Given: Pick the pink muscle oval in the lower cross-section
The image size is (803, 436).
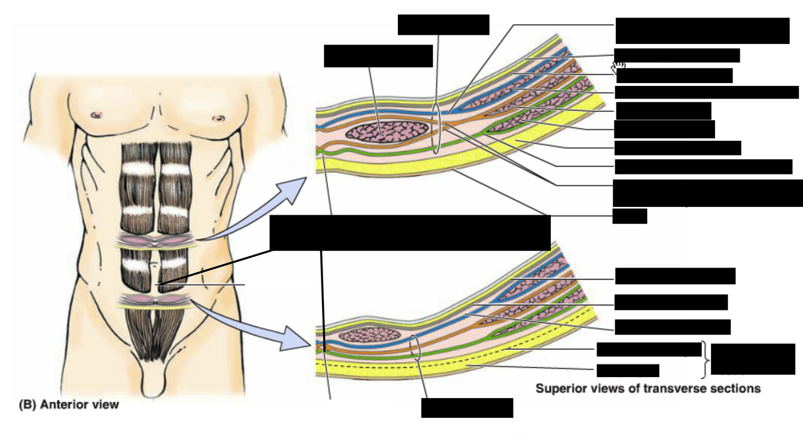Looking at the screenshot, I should (370, 334).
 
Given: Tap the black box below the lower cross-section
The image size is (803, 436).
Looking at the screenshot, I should (467, 408).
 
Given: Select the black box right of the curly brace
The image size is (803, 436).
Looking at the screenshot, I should (752, 359).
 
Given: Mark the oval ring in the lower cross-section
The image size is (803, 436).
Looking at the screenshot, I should (415, 348).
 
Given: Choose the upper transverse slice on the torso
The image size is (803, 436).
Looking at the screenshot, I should (158, 242).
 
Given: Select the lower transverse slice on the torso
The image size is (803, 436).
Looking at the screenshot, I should (158, 301).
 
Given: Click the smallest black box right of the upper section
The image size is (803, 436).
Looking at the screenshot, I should (630, 216).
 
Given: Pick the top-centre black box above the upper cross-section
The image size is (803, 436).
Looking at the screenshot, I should (444, 24).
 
